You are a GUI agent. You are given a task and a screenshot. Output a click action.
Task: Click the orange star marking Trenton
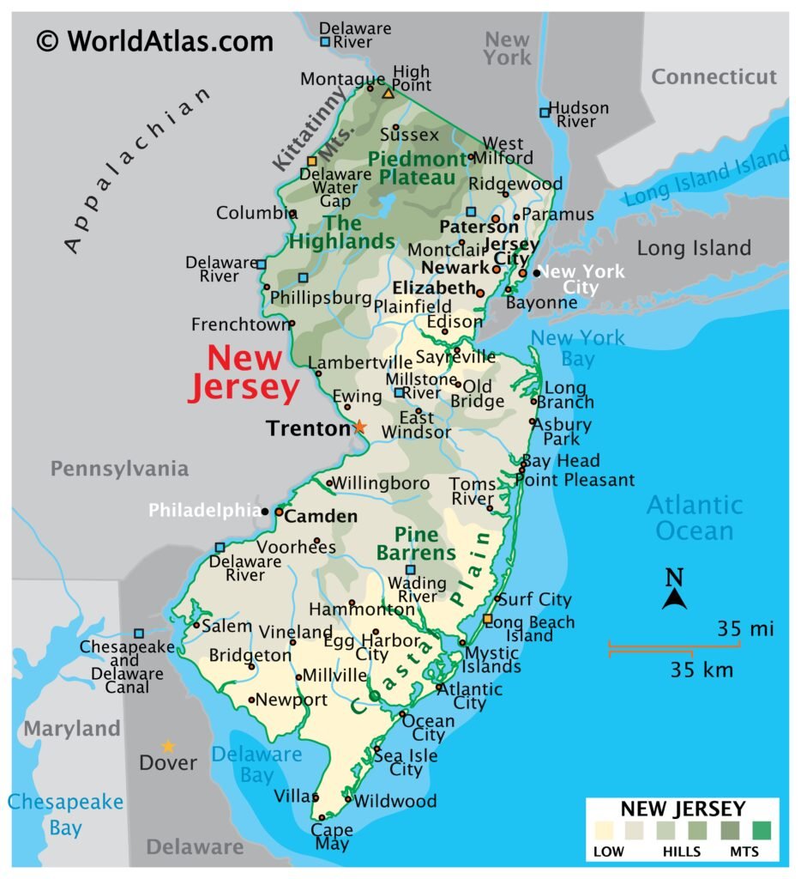[359, 426]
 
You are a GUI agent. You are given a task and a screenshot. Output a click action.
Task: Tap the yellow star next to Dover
[168, 747]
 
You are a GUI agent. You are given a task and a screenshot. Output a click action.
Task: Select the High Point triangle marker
[388, 92]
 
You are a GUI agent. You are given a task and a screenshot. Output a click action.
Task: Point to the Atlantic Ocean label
[695, 517]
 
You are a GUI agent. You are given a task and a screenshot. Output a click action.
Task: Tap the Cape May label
[331, 837]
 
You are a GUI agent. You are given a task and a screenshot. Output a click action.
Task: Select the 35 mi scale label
[745, 629]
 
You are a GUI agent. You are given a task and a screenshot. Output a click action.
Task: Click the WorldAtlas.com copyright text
[155, 40]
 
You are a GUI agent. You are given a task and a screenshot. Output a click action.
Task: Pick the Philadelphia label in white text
[204, 510]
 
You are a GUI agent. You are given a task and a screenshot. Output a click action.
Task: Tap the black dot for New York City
[536, 273]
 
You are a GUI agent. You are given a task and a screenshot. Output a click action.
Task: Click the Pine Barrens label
[416, 543]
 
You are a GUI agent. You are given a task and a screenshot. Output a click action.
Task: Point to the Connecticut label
[714, 76]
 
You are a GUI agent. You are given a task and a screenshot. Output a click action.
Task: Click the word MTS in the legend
[743, 852]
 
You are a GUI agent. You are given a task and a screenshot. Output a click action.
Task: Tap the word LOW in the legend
[609, 852]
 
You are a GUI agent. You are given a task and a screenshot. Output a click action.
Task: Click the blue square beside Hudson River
[544, 112]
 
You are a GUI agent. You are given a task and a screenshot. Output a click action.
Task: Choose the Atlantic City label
[471, 696]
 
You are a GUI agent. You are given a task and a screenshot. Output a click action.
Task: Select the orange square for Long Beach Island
[487, 619]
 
